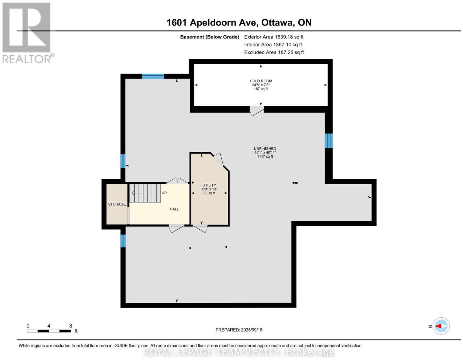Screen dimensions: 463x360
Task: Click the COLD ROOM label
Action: point(261,81)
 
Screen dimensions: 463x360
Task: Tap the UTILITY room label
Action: point(209,185)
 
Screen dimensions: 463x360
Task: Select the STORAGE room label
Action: point(117,204)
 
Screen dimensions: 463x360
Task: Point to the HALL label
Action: point(174,209)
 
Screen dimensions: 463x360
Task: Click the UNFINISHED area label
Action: point(265,149)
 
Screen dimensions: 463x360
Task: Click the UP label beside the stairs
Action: point(164,193)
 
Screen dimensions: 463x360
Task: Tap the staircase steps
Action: point(145,193)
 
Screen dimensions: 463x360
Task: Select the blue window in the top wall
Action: point(153,76)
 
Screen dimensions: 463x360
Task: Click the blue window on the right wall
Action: point(328,141)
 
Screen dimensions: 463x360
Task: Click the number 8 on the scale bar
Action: point(71,326)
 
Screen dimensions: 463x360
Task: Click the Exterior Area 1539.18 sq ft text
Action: point(274,37)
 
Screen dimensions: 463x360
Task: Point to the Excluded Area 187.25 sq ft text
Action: point(274,52)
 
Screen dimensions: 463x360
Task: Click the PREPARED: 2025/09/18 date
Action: point(239,330)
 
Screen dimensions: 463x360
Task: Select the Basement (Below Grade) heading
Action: point(210,37)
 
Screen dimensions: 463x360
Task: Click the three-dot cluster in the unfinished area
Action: point(295,183)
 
